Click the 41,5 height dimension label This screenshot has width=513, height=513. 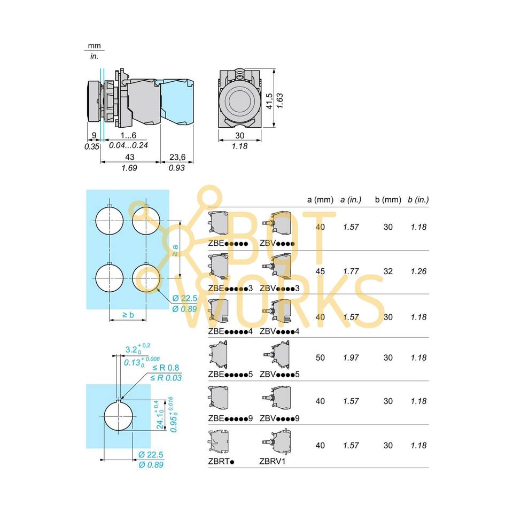tap(270, 101)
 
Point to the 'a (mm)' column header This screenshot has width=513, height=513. tap(320, 199)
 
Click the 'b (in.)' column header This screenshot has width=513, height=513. tap(418, 199)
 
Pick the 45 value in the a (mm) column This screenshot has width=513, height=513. tap(320, 271)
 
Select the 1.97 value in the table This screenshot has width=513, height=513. tap(351, 357)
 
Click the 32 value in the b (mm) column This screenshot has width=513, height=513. tap(388, 271)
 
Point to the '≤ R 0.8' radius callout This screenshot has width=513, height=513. tap(166, 368)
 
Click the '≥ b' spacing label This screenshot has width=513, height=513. tap(128, 315)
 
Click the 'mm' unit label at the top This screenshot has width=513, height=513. tap(94, 46)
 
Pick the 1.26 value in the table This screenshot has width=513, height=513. tap(418, 271)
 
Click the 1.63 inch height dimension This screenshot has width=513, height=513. tap(279, 101)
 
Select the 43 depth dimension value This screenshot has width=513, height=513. tap(129, 157)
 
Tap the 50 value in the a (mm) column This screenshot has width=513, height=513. tap(320, 357)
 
